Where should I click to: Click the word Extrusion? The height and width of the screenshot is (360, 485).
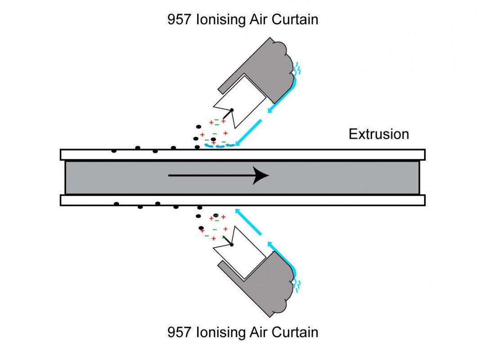379,134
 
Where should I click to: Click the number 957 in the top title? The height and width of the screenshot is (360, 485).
180,20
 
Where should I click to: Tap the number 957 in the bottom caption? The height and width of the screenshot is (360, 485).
180,333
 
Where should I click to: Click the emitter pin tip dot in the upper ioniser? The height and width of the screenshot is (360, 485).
232,110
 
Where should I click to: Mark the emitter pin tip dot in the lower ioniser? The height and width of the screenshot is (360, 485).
232,244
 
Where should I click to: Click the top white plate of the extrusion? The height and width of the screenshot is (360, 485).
243,154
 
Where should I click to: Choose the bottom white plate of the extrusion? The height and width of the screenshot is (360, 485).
243,200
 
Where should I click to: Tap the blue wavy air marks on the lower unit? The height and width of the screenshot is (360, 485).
297,284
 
